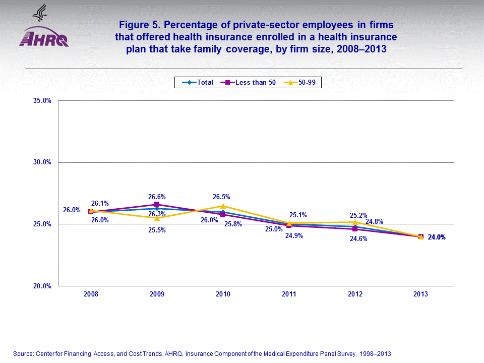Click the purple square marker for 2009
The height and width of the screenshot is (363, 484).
(x=157, y=204)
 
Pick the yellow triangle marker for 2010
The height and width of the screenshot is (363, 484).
(x=223, y=206)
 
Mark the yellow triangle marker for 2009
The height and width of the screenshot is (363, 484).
(x=157, y=218)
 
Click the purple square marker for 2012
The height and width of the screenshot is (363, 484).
(x=355, y=229)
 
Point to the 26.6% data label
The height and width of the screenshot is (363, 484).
(x=157, y=197)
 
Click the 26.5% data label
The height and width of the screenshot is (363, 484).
(x=223, y=197)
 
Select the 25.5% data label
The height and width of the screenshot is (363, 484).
(x=157, y=230)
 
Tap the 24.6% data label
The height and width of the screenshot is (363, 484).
(x=358, y=239)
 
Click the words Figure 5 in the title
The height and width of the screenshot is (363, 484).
(x=139, y=24)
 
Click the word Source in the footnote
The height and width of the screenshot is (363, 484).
(x=23, y=354)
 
